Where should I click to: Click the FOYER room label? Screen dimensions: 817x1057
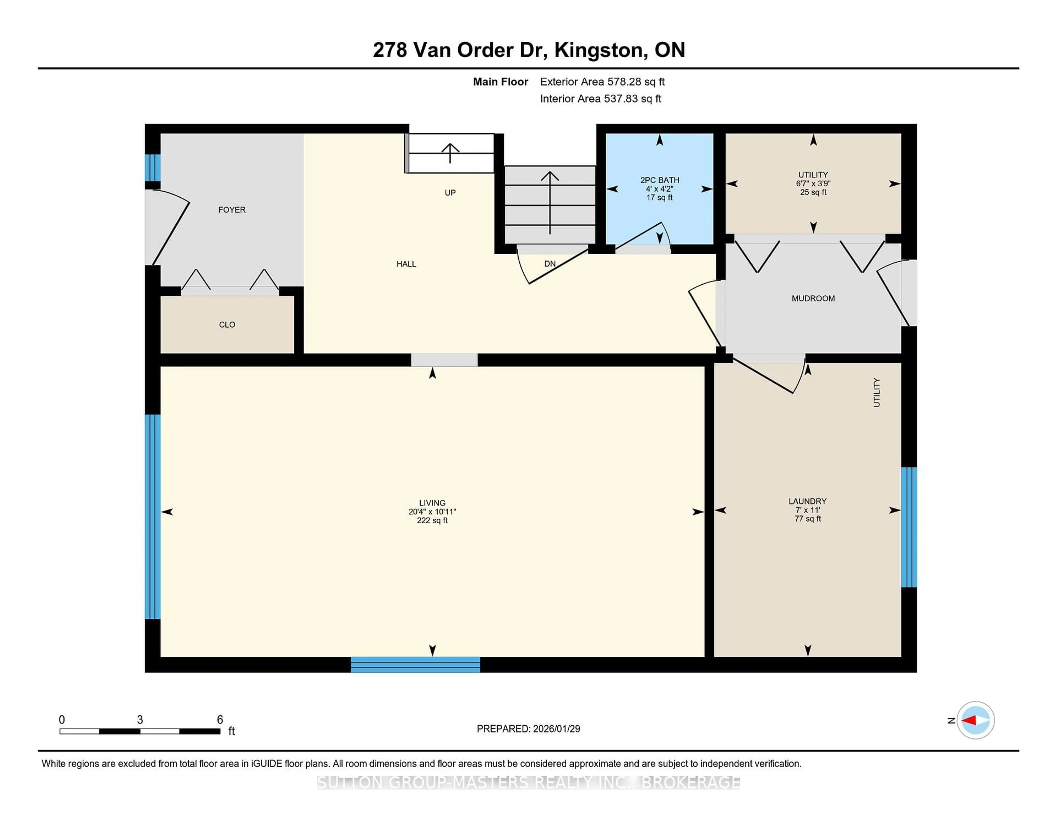(x=232, y=209)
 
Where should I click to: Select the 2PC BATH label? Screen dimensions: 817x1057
(x=660, y=180)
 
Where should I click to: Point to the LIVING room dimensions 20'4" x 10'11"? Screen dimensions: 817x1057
(x=432, y=512)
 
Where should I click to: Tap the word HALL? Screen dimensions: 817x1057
(x=406, y=264)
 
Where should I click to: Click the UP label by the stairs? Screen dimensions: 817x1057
(x=450, y=193)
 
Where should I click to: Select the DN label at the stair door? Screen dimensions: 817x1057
(x=550, y=264)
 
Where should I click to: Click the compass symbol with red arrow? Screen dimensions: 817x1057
(x=975, y=720)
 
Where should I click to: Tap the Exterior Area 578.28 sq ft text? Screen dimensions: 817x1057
(x=602, y=82)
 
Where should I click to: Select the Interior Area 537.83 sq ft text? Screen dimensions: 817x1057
(x=601, y=99)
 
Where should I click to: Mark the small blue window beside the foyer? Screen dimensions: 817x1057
(x=152, y=167)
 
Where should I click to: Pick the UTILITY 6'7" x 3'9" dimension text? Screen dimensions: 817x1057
(x=813, y=183)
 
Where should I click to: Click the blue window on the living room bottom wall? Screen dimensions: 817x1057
(x=415, y=665)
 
